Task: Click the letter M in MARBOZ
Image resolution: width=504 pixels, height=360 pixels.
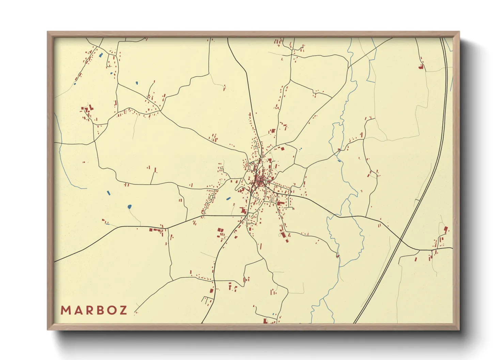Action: pos(66,310)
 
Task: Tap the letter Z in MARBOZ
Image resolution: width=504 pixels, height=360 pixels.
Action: pos(123,310)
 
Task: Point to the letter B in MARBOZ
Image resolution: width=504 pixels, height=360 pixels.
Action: pos(100,310)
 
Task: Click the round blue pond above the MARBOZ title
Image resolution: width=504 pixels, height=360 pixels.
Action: pos(129,207)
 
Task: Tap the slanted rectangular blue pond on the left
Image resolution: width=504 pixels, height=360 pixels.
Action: pos(109,193)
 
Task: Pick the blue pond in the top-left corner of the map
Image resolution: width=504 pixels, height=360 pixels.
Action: pos(100,55)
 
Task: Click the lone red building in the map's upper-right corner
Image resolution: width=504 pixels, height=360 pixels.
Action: pos(422,67)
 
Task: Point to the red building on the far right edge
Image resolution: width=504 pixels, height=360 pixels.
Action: pos(446,230)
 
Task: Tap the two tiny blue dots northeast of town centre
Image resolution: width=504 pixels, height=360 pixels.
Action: pos(300,149)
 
